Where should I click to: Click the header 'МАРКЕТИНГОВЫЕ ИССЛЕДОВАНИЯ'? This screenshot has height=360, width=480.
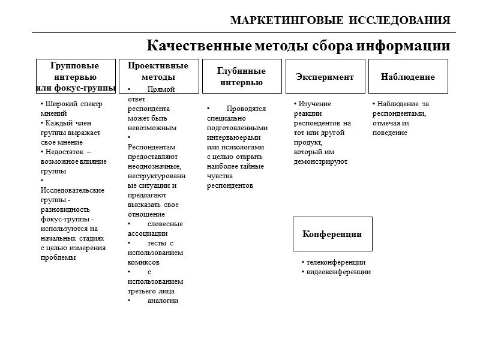pyautogui.click(x=340, y=20)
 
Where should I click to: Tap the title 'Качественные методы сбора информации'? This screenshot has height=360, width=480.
pyautogui.click(x=298, y=46)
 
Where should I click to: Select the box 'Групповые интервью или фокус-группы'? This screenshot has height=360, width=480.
pyautogui.click(x=76, y=76)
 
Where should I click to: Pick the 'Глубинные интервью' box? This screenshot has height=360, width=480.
pyautogui.click(x=241, y=76)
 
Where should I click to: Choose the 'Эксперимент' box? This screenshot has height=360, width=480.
pyautogui.click(x=325, y=77)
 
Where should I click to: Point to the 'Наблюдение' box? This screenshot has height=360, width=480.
pyautogui.click(x=408, y=77)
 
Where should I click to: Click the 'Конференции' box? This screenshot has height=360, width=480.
pyautogui.click(x=332, y=234)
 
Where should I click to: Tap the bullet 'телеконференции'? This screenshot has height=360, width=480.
pyautogui.click(x=335, y=262)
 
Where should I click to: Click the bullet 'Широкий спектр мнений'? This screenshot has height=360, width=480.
pyautogui.click(x=67, y=108)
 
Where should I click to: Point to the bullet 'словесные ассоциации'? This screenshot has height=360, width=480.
pyautogui.click(x=155, y=229)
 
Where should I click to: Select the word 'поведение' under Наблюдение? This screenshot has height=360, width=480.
pyautogui.click(x=390, y=133)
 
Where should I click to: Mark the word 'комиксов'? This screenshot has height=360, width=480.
pyautogui.click(x=144, y=262)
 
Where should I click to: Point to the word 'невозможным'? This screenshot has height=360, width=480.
pyautogui.click(x=152, y=128)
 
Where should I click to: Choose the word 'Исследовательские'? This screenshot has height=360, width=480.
pyautogui.click(x=73, y=190)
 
